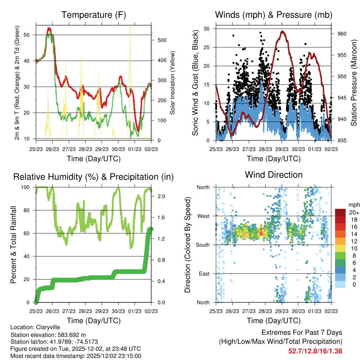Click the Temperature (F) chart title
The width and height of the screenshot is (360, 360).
pyautogui.click(x=94, y=15)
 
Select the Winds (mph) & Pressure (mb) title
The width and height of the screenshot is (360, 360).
pyautogui.click(x=274, y=15)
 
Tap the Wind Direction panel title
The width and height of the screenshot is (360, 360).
pyautogui.click(x=274, y=174)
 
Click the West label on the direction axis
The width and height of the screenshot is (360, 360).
pyautogui.click(x=203, y=216)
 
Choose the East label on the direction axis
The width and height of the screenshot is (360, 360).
pyautogui.click(x=204, y=274)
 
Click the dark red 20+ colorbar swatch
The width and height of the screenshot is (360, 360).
pyautogui.click(x=340, y=212)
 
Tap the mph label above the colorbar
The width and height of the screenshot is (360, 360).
pyautogui.click(x=353, y=205)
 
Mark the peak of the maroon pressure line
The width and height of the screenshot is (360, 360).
pyautogui.click(x=282, y=31)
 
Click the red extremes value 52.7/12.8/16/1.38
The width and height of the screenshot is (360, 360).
pyautogui.click(x=315, y=351)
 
